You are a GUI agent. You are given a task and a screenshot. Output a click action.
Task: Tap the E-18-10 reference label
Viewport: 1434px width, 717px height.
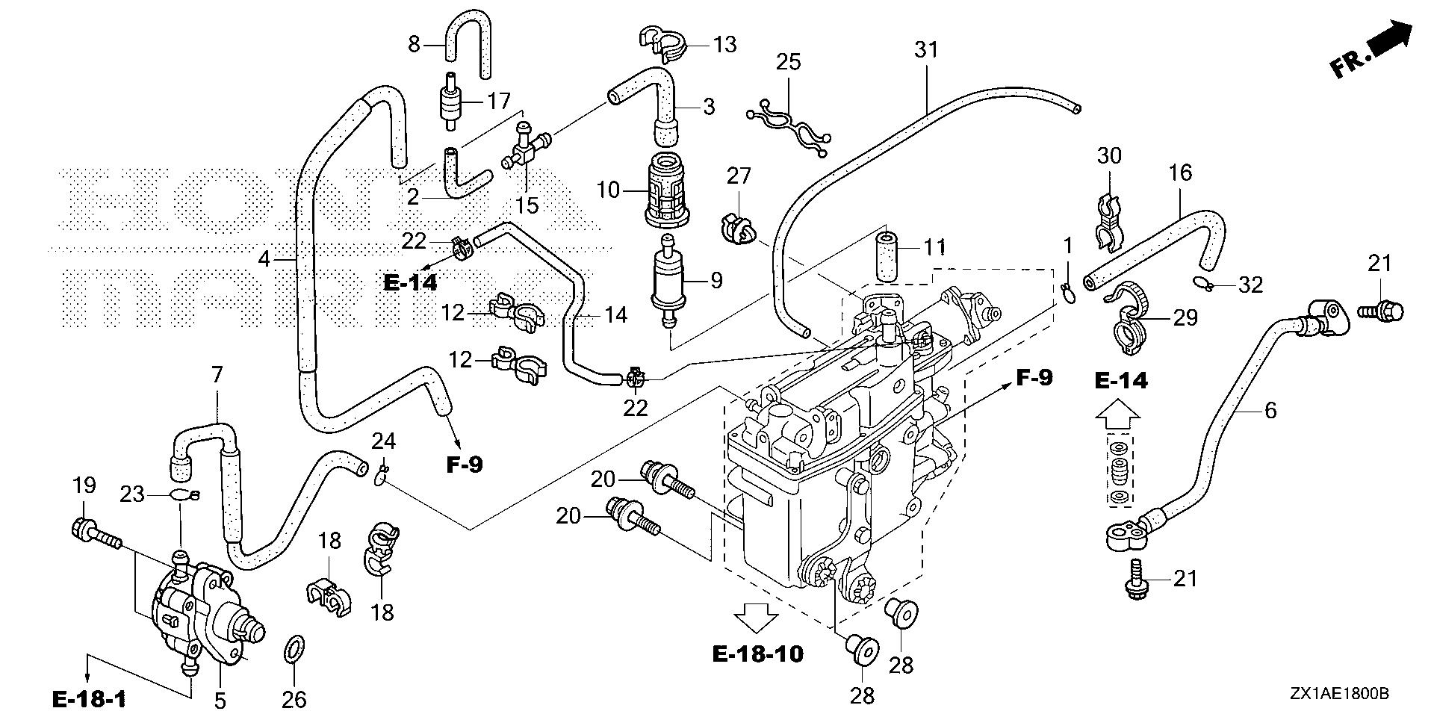pyautogui.click(x=757, y=655)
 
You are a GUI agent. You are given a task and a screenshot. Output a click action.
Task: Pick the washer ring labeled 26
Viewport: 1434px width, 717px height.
pyautogui.click(x=295, y=649)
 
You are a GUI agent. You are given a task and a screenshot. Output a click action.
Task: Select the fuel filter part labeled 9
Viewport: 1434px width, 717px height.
pyautogui.click(x=671, y=281)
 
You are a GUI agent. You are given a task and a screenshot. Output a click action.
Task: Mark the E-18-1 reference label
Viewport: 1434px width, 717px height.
pyautogui.click(x=89, y=699)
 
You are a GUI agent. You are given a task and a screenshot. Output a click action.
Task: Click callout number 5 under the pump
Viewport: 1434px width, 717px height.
pyautogui.click(x=220, y=700)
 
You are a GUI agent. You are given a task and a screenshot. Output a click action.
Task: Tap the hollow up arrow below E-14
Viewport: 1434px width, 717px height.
pyautogui.click(x=1118, y=415)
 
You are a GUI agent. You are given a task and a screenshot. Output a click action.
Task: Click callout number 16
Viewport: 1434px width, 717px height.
pyautogui.click(x=1180, y=173)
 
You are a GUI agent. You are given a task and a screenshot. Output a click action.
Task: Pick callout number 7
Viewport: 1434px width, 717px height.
pyautogui.click(x=217, y=375)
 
